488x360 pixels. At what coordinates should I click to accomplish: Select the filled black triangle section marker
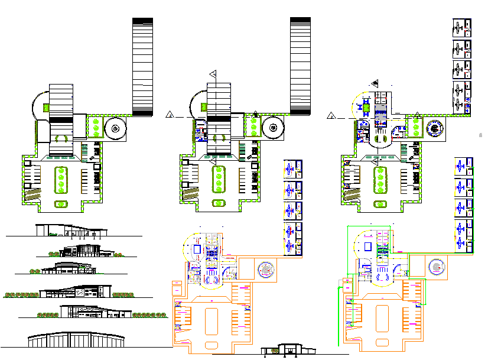point(375,83)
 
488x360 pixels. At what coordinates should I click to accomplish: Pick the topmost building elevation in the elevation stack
point(71,230)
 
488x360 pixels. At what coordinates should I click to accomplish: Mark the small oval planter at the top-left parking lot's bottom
point(61,204)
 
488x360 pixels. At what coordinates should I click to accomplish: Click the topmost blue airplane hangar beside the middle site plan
point(292,170)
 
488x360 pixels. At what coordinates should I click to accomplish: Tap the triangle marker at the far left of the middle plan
point(170,114)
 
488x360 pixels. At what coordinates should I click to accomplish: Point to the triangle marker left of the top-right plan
point(333,114)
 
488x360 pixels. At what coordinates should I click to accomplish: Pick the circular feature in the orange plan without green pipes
point(266,270)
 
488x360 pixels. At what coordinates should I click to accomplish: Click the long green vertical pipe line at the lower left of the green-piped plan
point(338,316)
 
